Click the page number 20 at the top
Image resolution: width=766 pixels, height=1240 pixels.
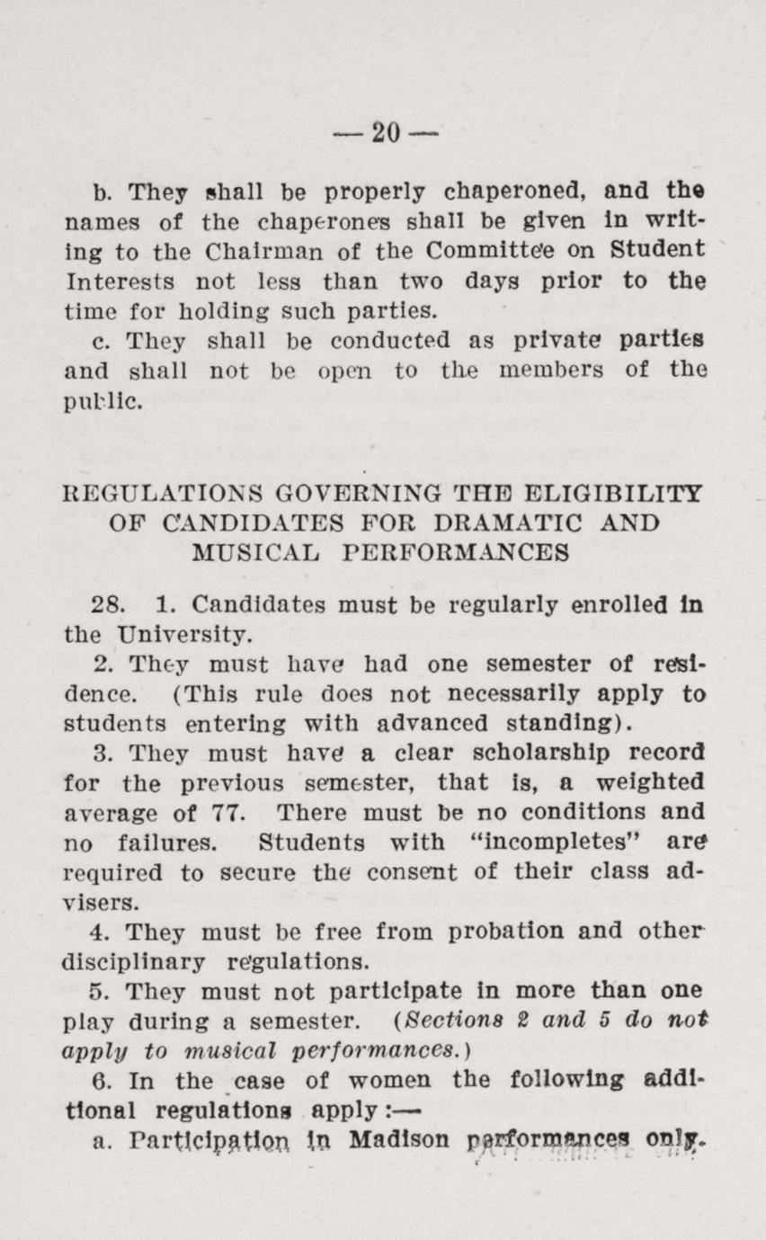pos(384,133)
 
